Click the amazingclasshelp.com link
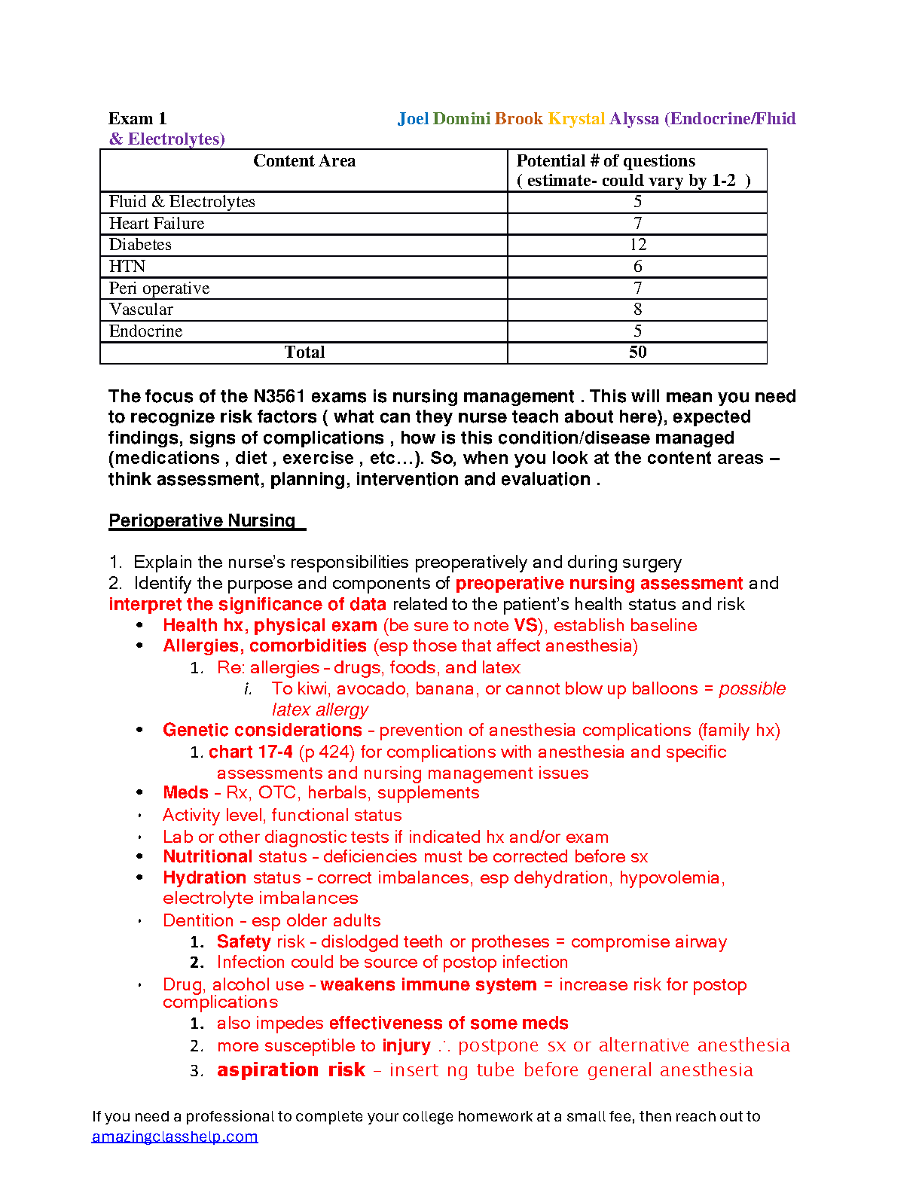click(x=175, y=1137)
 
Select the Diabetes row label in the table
click(x=140, y=245)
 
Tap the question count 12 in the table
click(x=637, y=245)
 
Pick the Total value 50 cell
click(x=637, y=352)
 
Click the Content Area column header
click(x=304, y=161)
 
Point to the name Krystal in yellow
click(x=576, y=119)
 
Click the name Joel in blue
click(x=413, y=119)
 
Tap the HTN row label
click(x=127, y=267)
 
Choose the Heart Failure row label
click(x=157, y=224)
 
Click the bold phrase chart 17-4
click(x=251, y=752)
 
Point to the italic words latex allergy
click(x=320, y=709)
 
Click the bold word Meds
click(x=185, y=793)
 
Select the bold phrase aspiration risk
click(x=291, y=1070)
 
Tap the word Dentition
click(x=198, y=920)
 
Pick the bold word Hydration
click(x=205, y=878)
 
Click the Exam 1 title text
click(x=138, y=119)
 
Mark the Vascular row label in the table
click(x=141, y=310)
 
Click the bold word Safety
click(x=243, y=941)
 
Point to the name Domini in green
click(x=462, y=119)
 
